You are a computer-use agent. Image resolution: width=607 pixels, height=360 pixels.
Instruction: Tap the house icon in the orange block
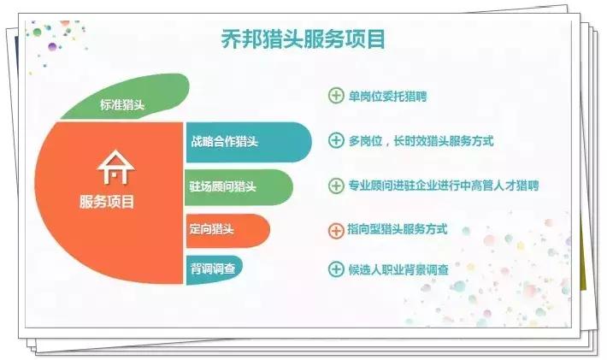tap(116, 169)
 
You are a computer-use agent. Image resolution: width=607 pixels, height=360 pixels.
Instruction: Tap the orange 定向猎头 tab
tap(214, 229)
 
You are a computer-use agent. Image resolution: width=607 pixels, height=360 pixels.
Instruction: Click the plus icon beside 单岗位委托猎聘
tap(336, 96)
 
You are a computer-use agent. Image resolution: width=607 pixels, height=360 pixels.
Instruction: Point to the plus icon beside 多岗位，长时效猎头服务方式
tap(336, 140)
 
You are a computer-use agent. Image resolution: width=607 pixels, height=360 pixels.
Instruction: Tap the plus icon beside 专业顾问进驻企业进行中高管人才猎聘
tap(336, 185)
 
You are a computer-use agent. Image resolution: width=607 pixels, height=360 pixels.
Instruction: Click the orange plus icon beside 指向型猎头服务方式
tap(336, 229)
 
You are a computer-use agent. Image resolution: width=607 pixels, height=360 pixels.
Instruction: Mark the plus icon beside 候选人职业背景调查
tap(336, 269)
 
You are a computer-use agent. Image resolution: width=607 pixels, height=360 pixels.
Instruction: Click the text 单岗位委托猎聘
tap(387, 96)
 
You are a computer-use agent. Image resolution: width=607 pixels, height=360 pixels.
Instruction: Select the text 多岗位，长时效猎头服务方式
tap(421, 140)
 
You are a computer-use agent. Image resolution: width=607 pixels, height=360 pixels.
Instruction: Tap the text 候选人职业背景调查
tap(400, 269)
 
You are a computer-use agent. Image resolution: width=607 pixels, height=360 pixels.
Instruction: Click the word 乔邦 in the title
tap(232, 39)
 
